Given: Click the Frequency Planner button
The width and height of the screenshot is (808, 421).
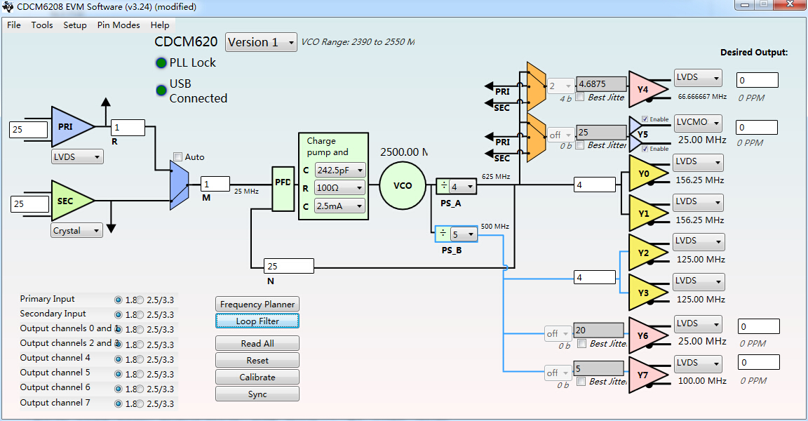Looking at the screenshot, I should (x=257, y=304).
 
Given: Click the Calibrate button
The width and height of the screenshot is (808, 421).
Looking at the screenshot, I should (x=257, y=377).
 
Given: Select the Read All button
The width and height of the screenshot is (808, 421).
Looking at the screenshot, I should (x=257, y=343).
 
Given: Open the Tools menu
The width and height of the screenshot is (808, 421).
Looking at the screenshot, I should (x=42, y=25).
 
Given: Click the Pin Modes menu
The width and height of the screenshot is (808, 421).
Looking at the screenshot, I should (x=119, y=25).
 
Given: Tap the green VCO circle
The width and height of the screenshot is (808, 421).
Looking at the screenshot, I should (x=403, y=186).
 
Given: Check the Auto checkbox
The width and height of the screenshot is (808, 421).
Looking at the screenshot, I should (x=178, y=156).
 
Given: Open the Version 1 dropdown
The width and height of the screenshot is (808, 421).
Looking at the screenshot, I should (x=261, y=42).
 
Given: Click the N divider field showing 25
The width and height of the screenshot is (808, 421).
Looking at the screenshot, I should (x=288, y=267).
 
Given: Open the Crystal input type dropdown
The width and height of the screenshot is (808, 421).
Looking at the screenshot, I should (x=77, y=230).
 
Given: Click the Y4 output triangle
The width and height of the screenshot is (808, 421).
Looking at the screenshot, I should (x=644, y=88).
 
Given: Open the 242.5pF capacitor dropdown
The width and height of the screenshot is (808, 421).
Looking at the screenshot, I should (x=340, y=170).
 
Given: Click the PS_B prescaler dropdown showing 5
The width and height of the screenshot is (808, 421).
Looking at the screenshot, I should (x=463, y=235).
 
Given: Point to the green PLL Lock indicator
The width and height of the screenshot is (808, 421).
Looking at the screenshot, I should (x=161, y=62).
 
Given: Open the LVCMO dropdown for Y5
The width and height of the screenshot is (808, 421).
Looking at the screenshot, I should (x=698, y=123).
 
